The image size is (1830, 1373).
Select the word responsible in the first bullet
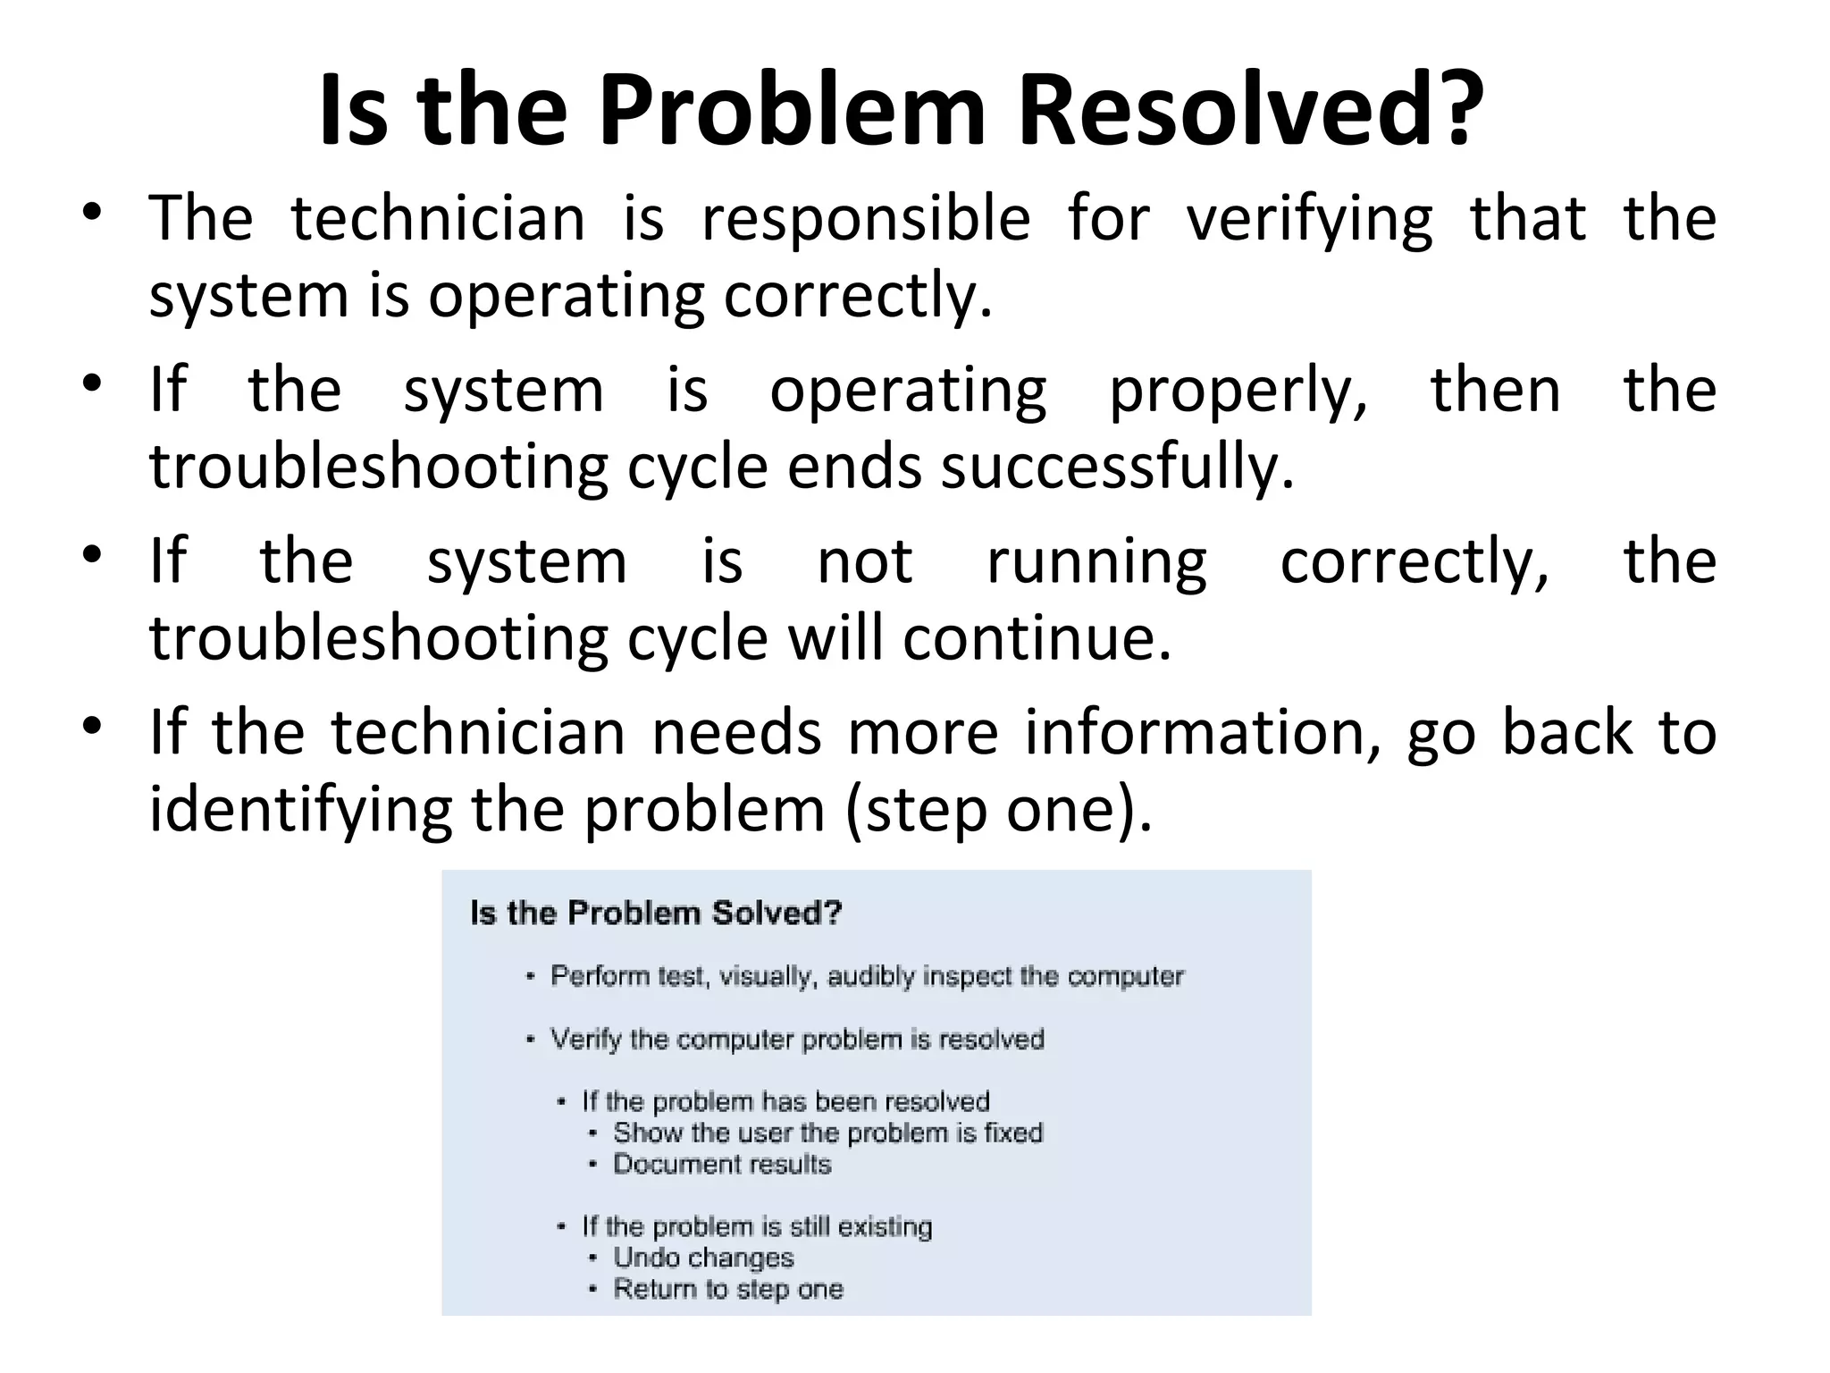(865, 219)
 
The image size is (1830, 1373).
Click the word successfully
(1117, 467)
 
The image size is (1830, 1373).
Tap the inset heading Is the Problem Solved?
(656, 914)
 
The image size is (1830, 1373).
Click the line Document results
(722, 1165)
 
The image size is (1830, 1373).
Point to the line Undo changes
(703, 1259)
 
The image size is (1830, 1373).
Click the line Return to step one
(727, 1290)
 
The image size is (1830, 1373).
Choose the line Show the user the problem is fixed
(827, 1133)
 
